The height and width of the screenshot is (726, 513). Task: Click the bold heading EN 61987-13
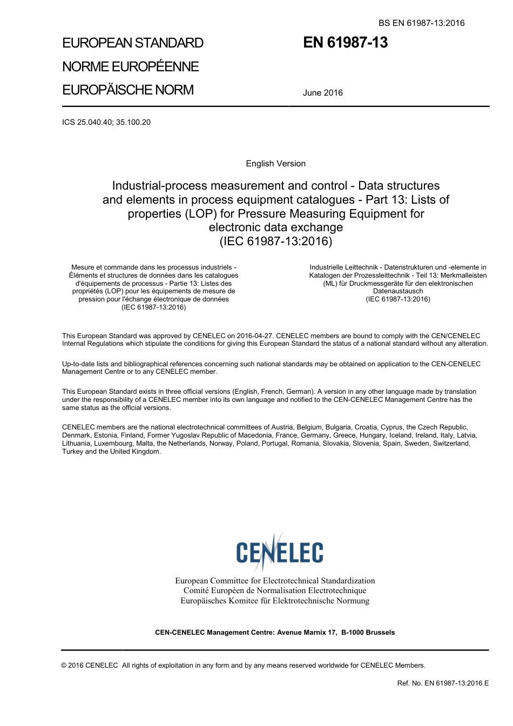click(345, 43)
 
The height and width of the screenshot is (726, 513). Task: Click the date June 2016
click(322, 93)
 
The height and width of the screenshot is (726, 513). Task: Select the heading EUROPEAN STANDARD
click(133, 43)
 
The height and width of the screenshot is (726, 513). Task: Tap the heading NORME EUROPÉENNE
click(131, 66)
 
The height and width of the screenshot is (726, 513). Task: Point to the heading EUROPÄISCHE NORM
click(128, 90)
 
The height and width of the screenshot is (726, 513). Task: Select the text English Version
click(275, 164)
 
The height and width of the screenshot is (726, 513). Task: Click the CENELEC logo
click(279, 552)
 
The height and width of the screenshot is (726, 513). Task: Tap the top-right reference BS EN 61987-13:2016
click(421, 23)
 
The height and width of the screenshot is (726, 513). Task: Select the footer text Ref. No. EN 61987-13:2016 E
click(443, 683)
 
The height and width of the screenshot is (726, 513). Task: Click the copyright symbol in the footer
click(64, 665)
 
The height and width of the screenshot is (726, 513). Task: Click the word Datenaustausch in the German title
click(398, 291)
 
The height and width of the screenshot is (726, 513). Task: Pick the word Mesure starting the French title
click(83, 267)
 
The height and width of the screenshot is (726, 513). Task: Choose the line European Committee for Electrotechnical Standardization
click(275, 581)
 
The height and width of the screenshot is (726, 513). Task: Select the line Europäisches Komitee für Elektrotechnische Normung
click(275, 601)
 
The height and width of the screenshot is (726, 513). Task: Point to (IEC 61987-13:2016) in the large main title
click(275, 241)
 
